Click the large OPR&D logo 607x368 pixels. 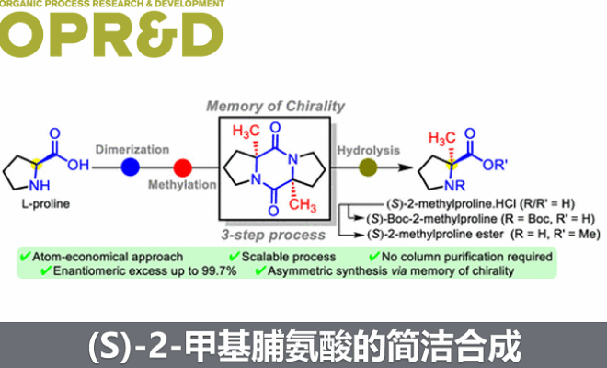[x=112, y=34]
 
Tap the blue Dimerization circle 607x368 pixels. [x=132, y=167]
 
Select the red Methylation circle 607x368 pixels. [x=182, y=167]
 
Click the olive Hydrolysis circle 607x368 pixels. [x=368, y=167]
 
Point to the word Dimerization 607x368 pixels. [x=131, y=148]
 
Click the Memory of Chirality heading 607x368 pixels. [x=276, y=106]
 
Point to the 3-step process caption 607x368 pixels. [x=275, y=227]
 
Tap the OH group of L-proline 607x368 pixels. [x=75, y=166]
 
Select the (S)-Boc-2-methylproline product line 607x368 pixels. [x=450, y=219]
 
